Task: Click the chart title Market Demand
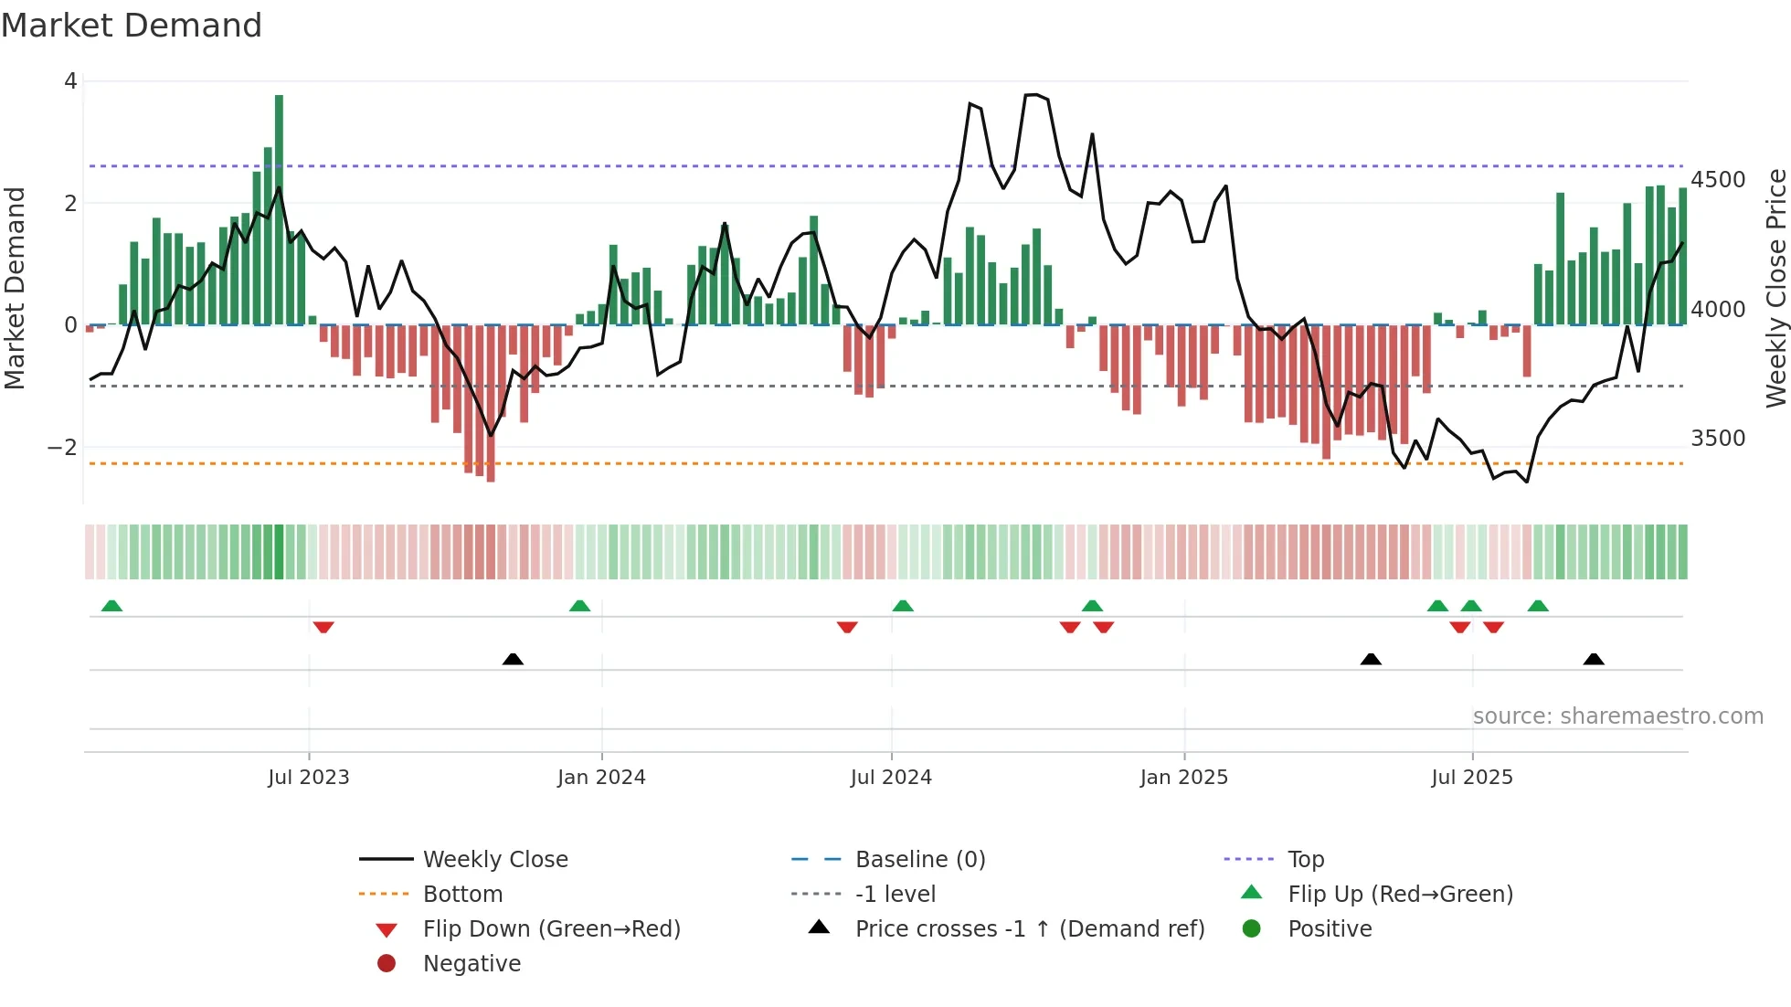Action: pos(132,26)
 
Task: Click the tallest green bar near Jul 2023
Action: pos(279,210)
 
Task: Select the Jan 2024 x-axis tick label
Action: pos(601,778)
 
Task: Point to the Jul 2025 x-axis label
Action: pos(1471,778)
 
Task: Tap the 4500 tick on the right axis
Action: pos(1718,180)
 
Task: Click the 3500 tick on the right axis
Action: pos(1718,439)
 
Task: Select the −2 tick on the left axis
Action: pos(62,448)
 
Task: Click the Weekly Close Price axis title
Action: pos(1775,288)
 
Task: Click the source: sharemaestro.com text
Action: pos(1617,716)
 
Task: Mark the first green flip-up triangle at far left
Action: pos(111,606)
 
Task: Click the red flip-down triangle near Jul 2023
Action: pos(323,627)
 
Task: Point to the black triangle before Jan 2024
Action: pos(513,659)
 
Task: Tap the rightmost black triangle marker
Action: pos(1594,659)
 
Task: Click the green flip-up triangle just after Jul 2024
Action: pos(903,606)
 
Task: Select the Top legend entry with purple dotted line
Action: pos(1305,860)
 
